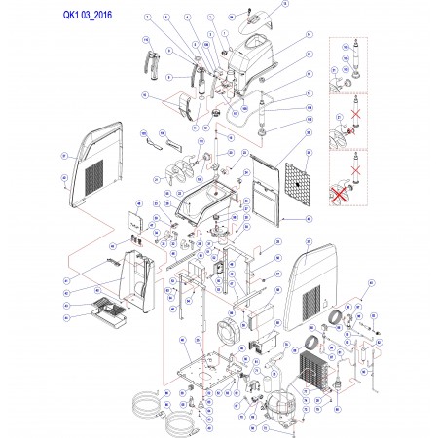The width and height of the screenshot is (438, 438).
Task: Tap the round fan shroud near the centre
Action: tap(232, 331)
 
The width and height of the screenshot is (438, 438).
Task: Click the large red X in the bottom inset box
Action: tap(342, 189)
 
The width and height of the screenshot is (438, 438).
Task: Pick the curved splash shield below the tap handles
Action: tap(177, 101)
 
